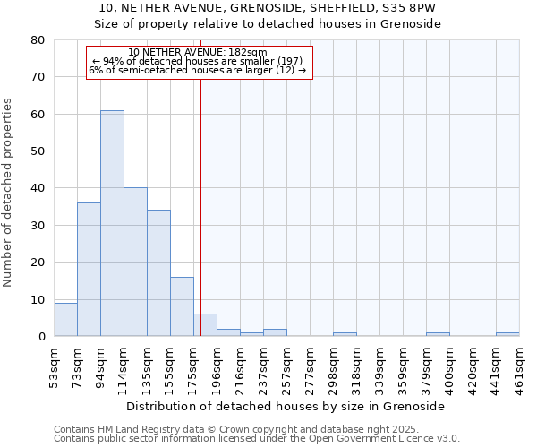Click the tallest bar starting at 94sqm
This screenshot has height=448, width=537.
click(x=112, y=223)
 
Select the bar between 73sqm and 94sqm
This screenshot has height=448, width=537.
click(x=89, y=269)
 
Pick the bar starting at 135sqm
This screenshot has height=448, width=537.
click(x=158, y=273)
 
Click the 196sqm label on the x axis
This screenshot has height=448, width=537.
click(x=217, y=367)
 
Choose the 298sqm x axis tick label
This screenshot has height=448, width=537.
click(x=333, y=367)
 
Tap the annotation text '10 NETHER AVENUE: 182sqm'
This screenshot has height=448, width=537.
click(x=198, y=52)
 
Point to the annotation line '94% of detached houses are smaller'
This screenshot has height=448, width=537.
click(x=198, y=61)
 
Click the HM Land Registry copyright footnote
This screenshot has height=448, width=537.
click(x=230, y=429)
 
